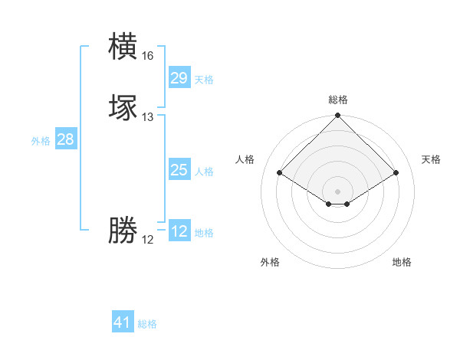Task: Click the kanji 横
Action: click(123, 47)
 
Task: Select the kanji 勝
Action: click(123, 231)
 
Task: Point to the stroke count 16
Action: click(147, 56)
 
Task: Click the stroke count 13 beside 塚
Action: click(147, 117)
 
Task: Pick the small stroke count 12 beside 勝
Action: click(147, 240)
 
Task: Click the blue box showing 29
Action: click(179, 77)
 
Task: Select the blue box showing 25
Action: click(179, 170)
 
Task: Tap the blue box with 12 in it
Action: click(179, 231)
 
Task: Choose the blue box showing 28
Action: click(65, 139)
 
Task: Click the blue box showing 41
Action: click(123, 322)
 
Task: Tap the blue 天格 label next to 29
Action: click(204, 80)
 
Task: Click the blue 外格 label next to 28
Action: click(41, 141)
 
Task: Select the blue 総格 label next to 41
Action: click(147, 325)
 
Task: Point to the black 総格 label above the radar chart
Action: click(337, 100)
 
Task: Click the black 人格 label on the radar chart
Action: click(245, 159)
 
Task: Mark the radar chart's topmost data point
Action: click(337, 116)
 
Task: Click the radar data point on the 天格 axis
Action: click(396, 172)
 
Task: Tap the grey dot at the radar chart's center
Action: click(337, 191)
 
